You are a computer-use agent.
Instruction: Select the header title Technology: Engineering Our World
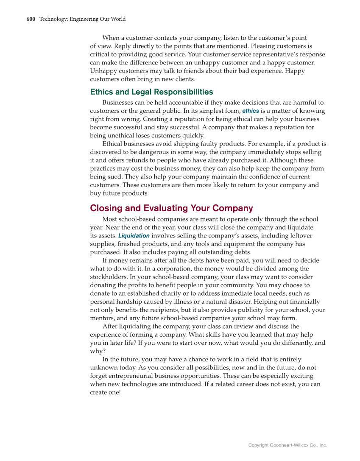[82, 19]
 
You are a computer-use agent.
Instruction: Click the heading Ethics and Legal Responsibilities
[151, 92]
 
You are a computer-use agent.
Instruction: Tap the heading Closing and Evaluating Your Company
[171, 208]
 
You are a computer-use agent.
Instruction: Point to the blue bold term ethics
[250, 111]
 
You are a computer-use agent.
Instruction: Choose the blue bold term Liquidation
[134, 236]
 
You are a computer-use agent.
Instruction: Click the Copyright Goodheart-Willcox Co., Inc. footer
[287, 445]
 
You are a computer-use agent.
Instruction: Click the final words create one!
[105, 393]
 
